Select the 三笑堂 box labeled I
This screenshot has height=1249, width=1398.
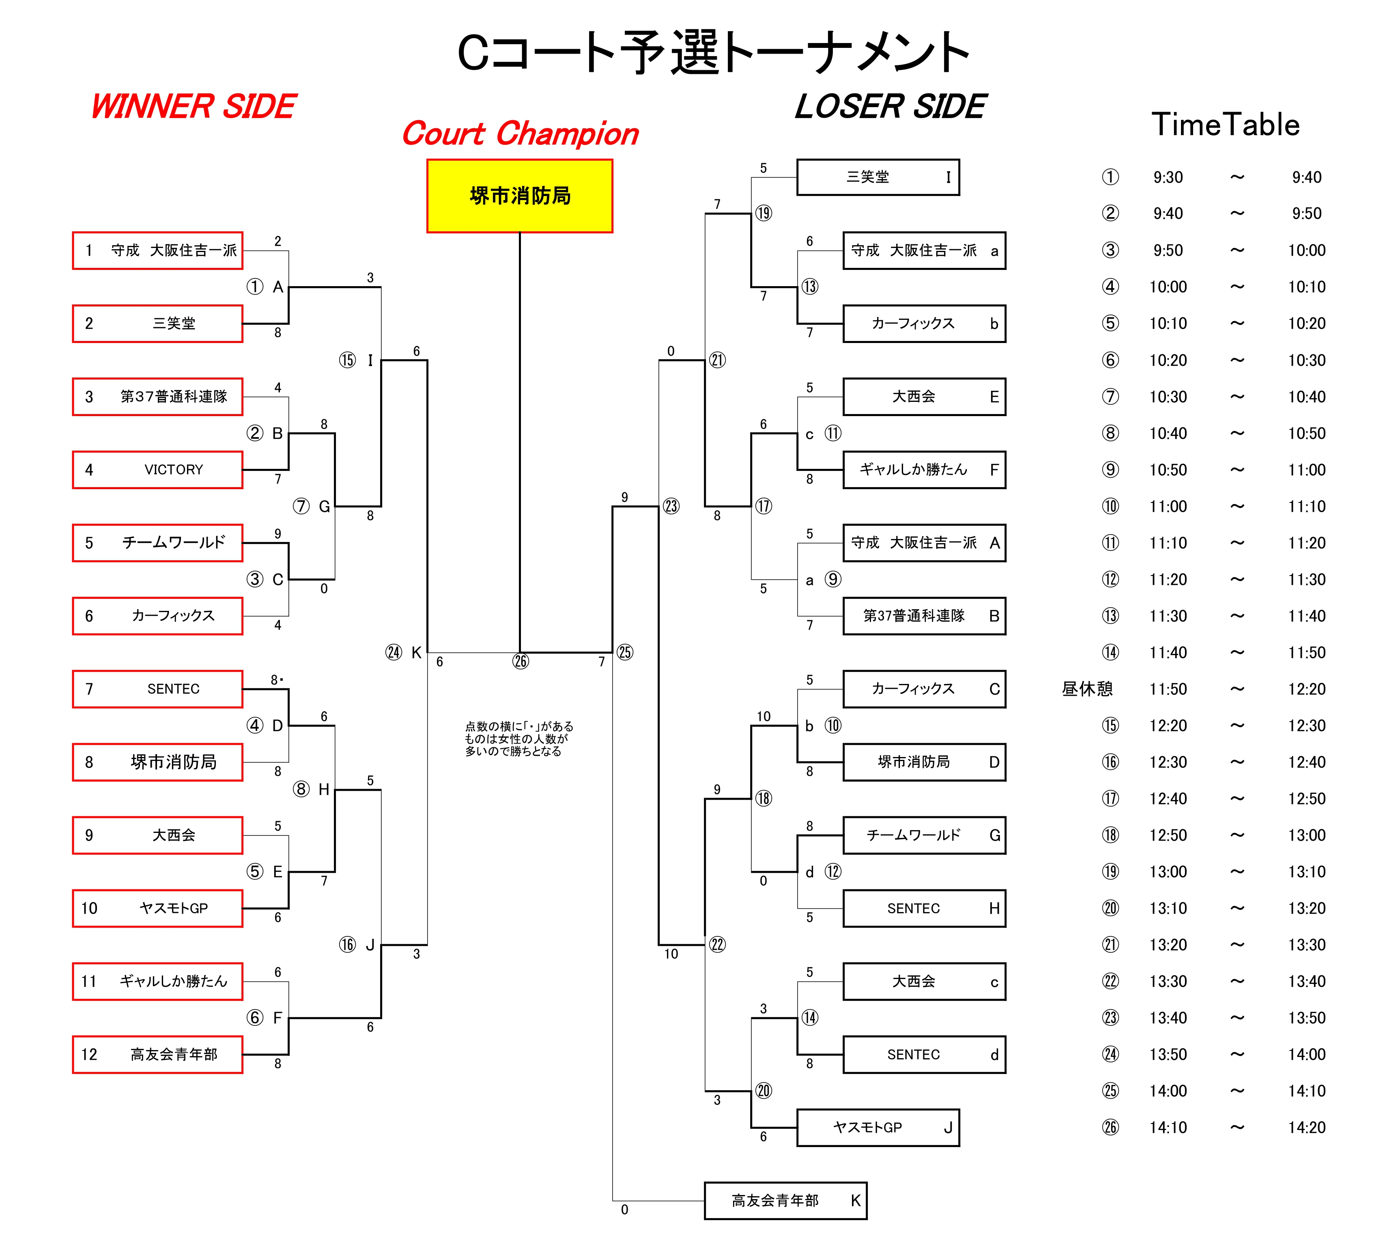878,177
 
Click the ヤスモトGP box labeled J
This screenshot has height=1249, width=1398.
878,1128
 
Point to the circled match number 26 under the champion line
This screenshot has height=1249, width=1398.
520,662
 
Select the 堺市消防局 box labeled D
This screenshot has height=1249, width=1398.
924,762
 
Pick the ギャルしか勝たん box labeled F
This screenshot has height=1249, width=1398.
924,469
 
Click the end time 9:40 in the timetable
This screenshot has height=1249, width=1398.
1306,177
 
